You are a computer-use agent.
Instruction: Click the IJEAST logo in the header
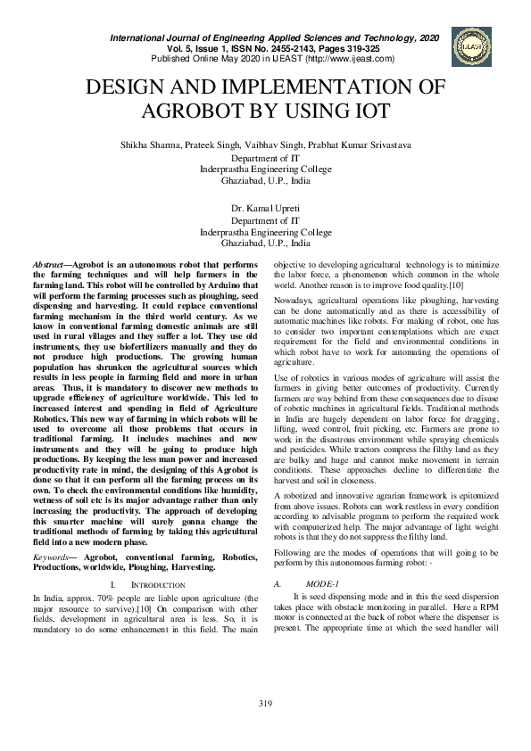click(x=471, y=45)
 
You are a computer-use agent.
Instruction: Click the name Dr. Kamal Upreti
click(x=265, y=208)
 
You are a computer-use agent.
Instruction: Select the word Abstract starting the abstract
click(x=49, y=266)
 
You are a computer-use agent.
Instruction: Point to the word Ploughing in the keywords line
click(x=159, y=566)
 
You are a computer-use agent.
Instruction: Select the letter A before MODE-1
click(x=277, y=582)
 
